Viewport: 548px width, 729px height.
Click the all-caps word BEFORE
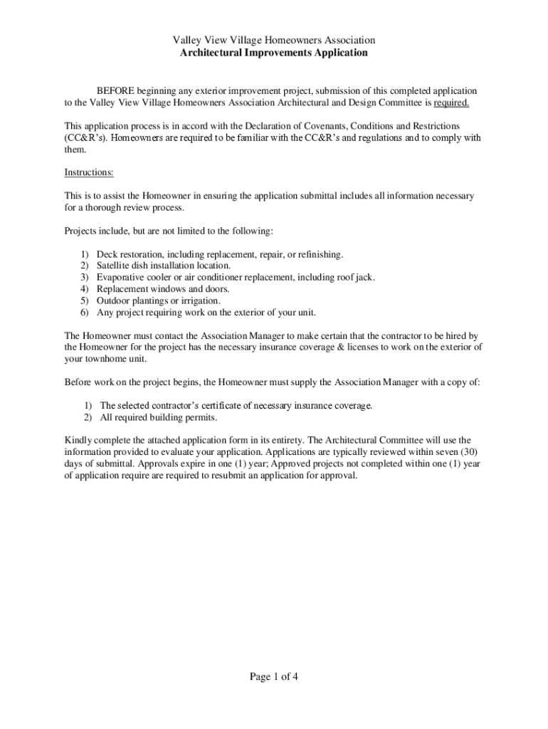click(x=114, y=91)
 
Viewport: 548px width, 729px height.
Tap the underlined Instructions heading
click(x=89, y=173)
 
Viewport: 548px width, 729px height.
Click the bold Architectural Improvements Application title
click(x=274, y=53)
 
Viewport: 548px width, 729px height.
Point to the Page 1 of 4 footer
click(x=274, y=677)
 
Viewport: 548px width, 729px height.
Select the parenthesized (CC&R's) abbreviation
click(x=86, y=138)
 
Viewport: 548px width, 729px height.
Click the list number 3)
click(x=84, y=278)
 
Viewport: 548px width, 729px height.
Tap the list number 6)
click(x=84, y=313)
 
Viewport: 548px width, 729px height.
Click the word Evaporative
click(x=123, y=278)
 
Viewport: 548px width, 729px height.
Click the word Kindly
click(x=78, y=441)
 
